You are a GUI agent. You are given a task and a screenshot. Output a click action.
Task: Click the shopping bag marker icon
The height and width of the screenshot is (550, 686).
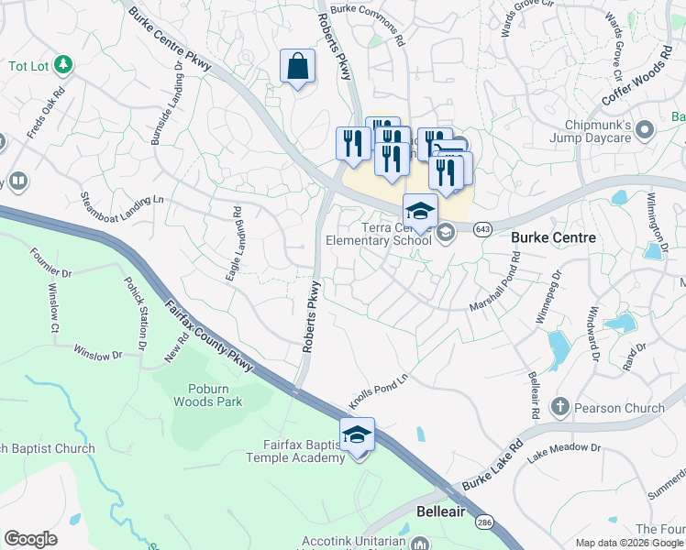click(x=297, y=67)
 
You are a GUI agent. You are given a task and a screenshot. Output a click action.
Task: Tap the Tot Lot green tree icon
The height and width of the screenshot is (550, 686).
click(x=63, y=64)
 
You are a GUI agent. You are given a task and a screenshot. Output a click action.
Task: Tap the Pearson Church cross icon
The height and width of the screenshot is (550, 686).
click(x=560, y=405)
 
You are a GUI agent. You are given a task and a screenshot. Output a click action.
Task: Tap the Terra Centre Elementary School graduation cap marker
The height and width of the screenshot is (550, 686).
click(x=420, y=211)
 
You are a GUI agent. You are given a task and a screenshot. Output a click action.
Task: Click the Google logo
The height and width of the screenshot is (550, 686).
click(x=30, y=539)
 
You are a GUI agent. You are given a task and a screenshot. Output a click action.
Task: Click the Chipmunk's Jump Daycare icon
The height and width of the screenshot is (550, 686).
click(x=644, y=129)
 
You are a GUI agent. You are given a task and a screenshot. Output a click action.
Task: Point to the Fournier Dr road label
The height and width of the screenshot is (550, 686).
click(x=50, y=263)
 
